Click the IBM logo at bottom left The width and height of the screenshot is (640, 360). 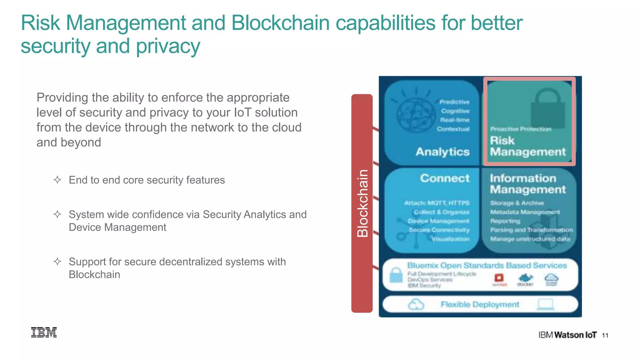pyautogui.click(x=44, y=332)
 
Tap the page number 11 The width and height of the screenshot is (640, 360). pyautogui.click(x=605, y=335)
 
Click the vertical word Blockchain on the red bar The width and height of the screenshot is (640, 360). pyautogui.click(x=362, y=203)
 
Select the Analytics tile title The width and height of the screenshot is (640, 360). pyautogui.click(x=442, y=152)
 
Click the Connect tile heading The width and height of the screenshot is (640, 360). pyautogui.click(x=445, y=178)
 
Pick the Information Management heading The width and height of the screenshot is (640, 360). pyautogui.click(x=527, y=184)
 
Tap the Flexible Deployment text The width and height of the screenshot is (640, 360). pyautogui.click(x=480, y=304)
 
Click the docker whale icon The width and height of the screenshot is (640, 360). pyautogui.click(x=526, y=278)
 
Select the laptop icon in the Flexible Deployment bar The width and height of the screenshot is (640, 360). pyautogui.click(x=546, y=304)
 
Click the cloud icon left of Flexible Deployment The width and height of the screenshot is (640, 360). pyautogui.click(x=416, y=304)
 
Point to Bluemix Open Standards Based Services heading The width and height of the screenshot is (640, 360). pyautogui.click(x=487, y=266)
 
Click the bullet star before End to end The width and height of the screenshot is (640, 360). pyautogui.click(x=57, y=180)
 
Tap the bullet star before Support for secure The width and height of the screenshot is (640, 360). pyautogui.click(x=57, y=261)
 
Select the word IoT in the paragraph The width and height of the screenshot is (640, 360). pyautogui.click(x=242, y=112)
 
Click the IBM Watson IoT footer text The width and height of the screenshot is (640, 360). pyautogui.click(x=567, y=335)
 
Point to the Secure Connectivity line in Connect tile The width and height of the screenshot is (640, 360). pyautogui.click(x=439, y=230)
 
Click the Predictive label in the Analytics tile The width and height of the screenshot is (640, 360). pyautogui.click(x=454, y=102)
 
